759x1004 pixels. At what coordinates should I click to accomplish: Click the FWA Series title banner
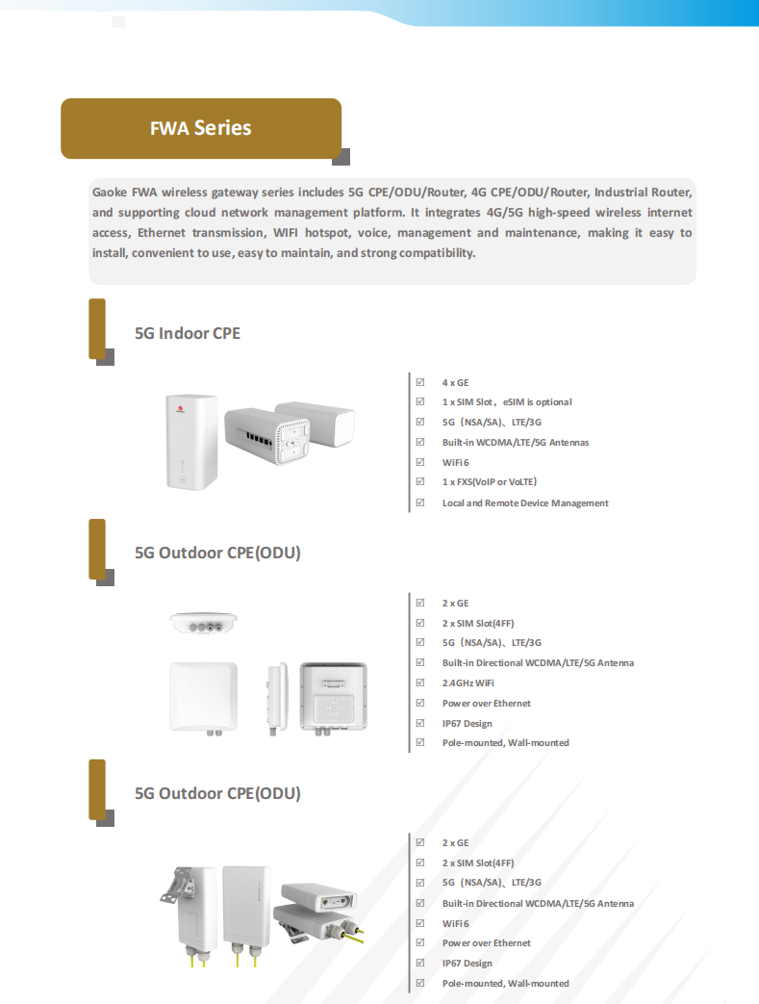[200, 128]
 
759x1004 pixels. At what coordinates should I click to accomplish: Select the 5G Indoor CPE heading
[187, 333]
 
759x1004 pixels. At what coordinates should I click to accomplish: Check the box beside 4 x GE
[420, 382]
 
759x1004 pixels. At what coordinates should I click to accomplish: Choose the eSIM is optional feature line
[537, 402]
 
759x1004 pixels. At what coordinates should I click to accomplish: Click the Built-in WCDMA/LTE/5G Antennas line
[515, 443]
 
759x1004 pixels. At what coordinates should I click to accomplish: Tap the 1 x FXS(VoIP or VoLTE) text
[489, 482]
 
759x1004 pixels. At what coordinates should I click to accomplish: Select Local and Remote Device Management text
[524, 503]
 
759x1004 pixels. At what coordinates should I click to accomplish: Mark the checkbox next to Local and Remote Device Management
[420, 502]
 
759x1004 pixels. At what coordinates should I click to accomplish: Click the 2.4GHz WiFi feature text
[468, 682]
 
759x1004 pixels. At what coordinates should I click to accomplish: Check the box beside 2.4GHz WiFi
[420, 682]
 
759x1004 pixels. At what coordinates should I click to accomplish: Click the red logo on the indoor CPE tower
[178, 408]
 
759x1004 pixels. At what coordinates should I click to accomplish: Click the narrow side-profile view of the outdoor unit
[277, 697]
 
